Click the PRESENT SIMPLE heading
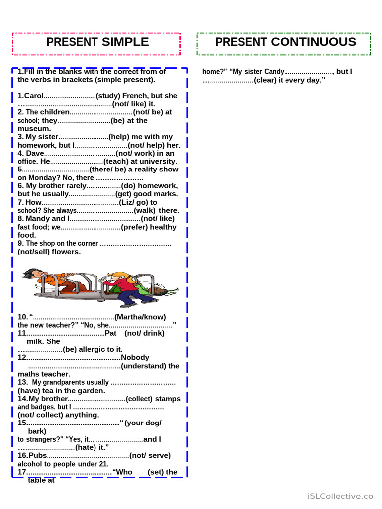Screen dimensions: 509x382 click(x=97, y=42)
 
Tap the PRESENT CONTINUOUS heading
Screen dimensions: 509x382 click(x=286, y=42)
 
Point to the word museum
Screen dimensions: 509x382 click(x=34, y=128)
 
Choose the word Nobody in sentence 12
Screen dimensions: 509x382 click(x=135, y=357)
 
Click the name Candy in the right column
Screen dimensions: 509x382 click(x=274, y=72)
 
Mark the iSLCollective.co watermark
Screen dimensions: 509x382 click(x=340, y=496)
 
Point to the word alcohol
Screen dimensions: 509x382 click(x=31, y=464)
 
